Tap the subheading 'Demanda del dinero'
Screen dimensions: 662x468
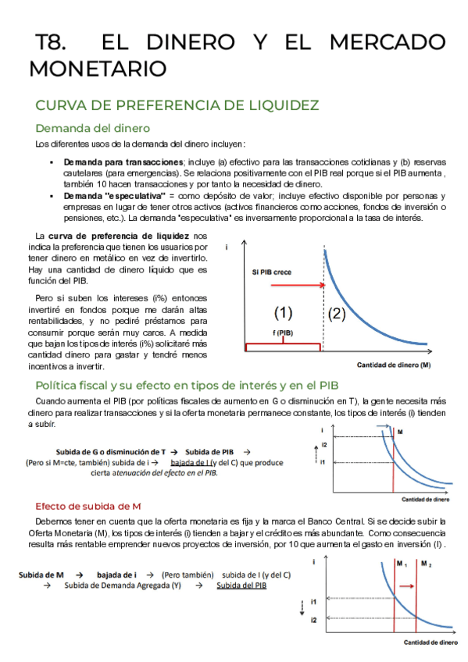click(92, 128)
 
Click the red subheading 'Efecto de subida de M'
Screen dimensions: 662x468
click(88, 506)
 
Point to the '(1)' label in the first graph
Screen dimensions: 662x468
click(283, 314)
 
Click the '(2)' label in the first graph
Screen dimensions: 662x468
click(337, 315)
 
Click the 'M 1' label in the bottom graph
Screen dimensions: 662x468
click(402, 564)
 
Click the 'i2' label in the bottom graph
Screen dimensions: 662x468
click(313, 619)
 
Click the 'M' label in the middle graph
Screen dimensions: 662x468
click(400, 432)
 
